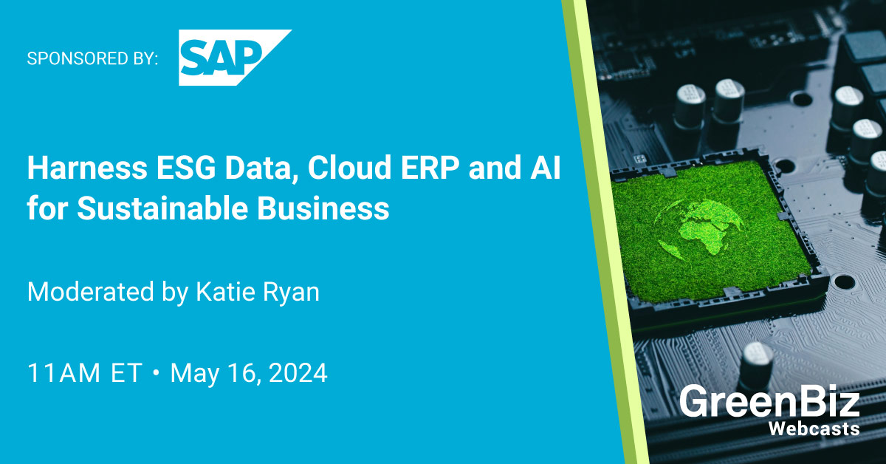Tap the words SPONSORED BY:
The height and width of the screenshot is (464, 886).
pyautogui.click(x=92, y=58)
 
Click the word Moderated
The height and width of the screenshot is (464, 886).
pyautogui.click(x=86, y=292)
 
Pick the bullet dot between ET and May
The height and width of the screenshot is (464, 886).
pyautogui.click(x=156, y=373)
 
